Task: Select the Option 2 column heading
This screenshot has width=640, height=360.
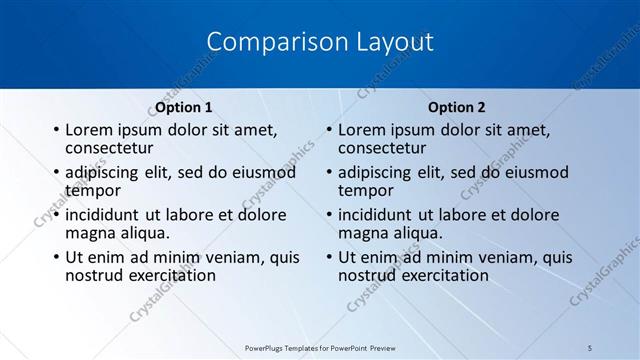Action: click(456, 107)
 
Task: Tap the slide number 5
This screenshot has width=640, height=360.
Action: click(590, 347)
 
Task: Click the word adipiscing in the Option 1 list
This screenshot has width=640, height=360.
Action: click(104, 172)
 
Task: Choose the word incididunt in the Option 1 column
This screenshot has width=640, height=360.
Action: click(103, 214)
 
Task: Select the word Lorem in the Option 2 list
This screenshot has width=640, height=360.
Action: click(361, 130)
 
